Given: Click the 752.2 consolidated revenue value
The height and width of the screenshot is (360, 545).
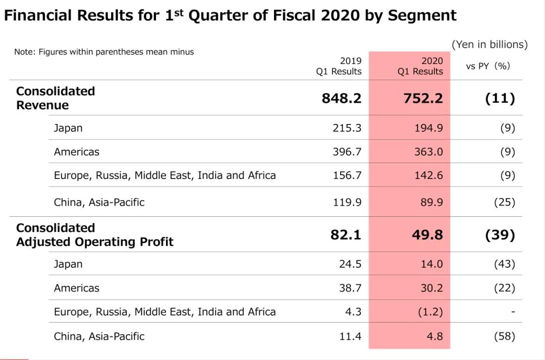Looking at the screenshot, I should click(423, 98).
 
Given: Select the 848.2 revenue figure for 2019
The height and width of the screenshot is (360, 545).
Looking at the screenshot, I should click(342, 98).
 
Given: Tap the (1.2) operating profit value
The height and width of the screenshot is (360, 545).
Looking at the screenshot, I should click(430, 312).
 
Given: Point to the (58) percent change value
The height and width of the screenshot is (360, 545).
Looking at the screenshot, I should click(505, 336).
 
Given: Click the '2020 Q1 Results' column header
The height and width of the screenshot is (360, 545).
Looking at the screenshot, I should click(420, 66).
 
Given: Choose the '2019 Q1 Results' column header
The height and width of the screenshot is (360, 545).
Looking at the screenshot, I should click(339, 66).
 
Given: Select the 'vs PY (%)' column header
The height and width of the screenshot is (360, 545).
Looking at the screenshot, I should click(488, 66).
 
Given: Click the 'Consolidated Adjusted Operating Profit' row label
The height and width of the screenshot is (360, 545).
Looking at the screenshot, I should click(94, 235).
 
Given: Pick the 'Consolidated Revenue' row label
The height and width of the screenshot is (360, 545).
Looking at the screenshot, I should click(56, 98).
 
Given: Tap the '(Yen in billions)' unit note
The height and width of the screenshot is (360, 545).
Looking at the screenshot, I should click(489, 44).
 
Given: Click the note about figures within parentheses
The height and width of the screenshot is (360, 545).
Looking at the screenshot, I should click(104, 51).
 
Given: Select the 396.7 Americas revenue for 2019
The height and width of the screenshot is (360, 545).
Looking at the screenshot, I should click(347, 152).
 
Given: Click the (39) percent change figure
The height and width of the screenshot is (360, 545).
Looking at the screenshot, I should click(500, 234).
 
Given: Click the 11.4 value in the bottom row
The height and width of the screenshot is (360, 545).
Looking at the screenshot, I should click(350, 336).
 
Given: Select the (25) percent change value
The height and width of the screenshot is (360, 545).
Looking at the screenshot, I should click(505, 202).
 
